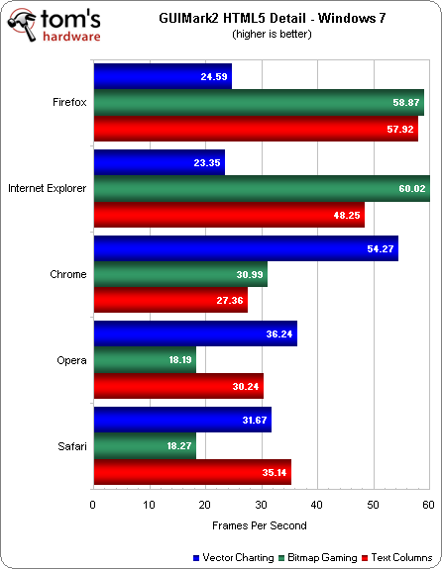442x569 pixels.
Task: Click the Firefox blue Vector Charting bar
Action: (x=163, y=76)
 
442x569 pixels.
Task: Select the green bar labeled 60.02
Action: (x=262, y=188)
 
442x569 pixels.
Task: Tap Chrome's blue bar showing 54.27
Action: (x=246, y=248)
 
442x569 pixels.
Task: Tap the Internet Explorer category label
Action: (x=47, y=188)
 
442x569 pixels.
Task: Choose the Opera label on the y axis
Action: (x=71, y=362)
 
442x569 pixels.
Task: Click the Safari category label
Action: (x=71, y=447)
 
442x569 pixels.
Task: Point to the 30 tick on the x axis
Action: (x=261, y=506)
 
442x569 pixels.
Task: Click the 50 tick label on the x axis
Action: (x=373, y=506)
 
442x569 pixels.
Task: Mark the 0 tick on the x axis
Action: (x=93, y=506)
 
